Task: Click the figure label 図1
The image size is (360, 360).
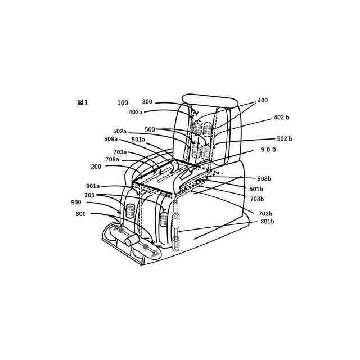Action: click(83, 102)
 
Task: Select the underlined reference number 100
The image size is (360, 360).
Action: click(122, 103)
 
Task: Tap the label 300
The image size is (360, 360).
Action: click(147, 102)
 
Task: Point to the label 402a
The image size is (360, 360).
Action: click(136, 112)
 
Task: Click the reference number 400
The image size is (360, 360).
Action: click(263, 101)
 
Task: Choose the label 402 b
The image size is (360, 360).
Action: click(281, 117)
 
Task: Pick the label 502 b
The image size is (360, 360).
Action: click(284, 138)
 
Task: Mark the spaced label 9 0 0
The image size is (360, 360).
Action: click(267, 150)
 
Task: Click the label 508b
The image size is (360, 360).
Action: click(264, 178)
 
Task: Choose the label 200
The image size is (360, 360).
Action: click(96, 166)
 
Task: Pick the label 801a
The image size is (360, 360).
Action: click(93, 186)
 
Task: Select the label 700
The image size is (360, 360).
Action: click(90, 195)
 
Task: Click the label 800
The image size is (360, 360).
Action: click(81, 214)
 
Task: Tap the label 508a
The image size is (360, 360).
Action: click(111, 139)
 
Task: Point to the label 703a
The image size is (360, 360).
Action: click(120, 152)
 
